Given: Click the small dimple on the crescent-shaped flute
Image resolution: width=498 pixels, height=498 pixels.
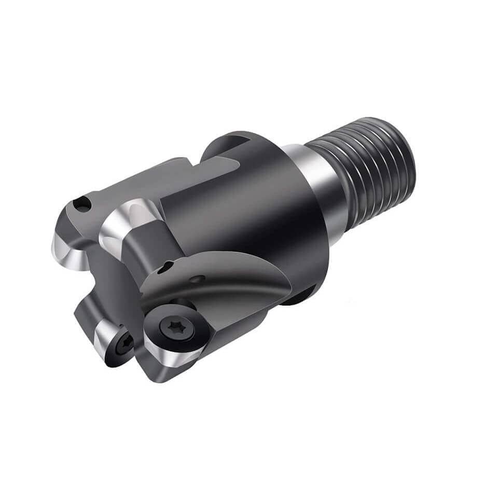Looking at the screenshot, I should [x=196, y=280].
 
